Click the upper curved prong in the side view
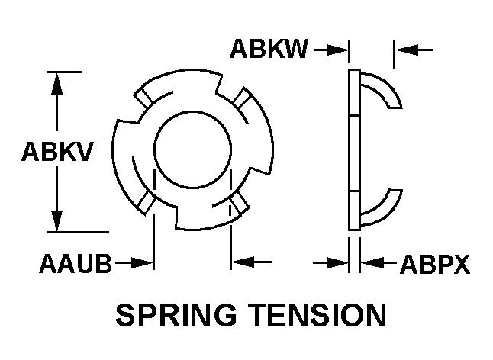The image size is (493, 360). (x=382, y=88)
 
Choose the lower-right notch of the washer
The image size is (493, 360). (x=240, y=201)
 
